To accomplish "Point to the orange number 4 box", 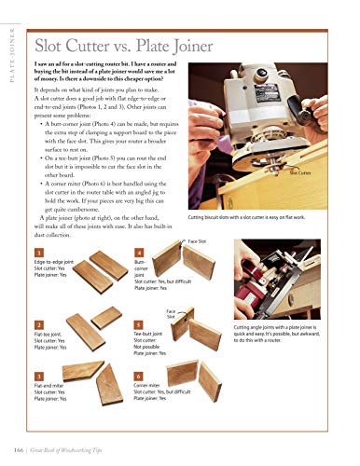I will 139,253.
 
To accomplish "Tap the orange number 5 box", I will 139,322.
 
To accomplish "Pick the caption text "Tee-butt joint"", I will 151,335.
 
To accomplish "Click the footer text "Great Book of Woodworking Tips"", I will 93,451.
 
